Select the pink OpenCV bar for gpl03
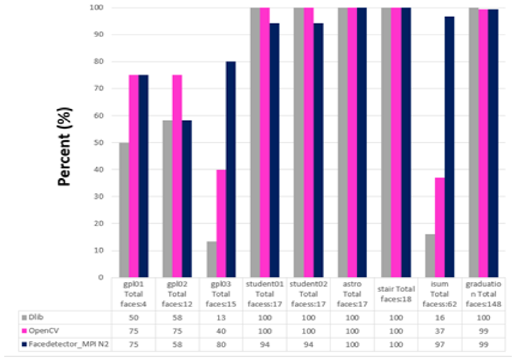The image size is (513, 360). [x=221, y=223]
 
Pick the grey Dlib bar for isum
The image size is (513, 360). [x=430, y=256]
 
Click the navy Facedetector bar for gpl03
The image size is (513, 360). [x=231, y=169]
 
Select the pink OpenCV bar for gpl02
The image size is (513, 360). [x=177, y=176]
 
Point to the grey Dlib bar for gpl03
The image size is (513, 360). [x=211, y=259]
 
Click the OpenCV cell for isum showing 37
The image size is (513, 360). [x=440, y=331]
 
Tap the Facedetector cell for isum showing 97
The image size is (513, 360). [x=440, y=345]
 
